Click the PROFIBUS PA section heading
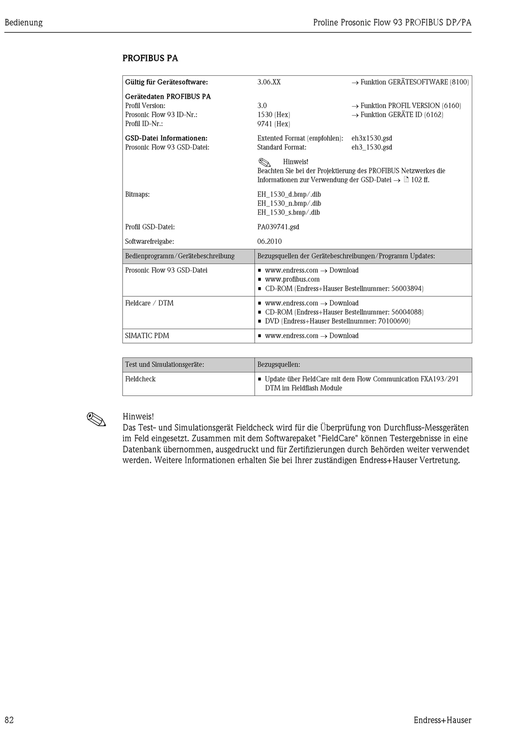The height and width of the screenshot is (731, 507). tap(150, 58)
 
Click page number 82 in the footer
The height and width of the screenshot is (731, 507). tap(9, 720)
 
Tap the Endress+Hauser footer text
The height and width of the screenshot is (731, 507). tap(442, 720)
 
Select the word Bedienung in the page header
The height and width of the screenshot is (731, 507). tap(23, 22)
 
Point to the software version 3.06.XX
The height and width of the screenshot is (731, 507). tap(268, 82)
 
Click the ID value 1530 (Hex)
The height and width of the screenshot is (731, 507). tap(273, 115)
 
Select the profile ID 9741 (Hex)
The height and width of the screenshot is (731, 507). tap(273, 124)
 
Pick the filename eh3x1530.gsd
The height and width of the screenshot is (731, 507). tap(371, 138)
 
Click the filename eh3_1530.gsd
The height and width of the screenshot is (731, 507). tap(371, 147)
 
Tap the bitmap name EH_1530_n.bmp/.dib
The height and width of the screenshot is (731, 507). tap(289, 203)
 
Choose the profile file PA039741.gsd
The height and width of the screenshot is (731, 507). tap(278, 227)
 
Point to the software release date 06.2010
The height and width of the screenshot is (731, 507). tap(270, 241)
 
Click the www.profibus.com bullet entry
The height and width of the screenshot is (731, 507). tap(292, 279)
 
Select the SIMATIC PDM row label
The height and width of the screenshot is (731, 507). tap(147, 336)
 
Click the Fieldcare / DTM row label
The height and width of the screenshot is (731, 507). tap(149, 303)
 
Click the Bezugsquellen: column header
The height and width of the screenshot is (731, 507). tap(279, 365)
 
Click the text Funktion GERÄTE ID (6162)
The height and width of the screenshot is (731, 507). tap(401, 115)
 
